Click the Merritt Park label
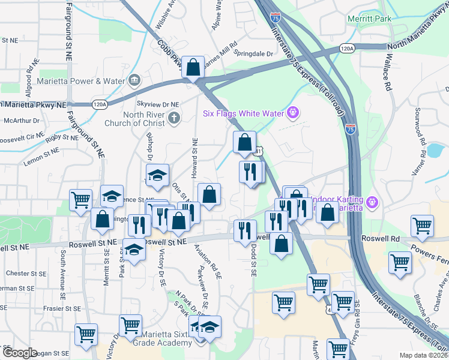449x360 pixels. pos(369,19)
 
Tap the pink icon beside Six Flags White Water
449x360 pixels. pos(293,111)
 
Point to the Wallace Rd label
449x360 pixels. pos(388,71)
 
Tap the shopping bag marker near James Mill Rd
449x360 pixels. pos(193,68)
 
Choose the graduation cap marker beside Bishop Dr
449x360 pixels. pos(157,175)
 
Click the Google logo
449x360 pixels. pos(19,353)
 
